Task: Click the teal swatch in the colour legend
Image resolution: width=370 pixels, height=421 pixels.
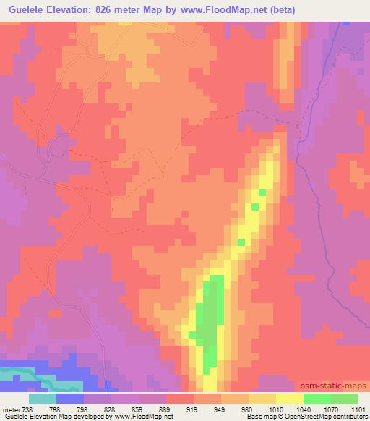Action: [43, 399]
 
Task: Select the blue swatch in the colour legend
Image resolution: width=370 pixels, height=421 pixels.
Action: [70, 399]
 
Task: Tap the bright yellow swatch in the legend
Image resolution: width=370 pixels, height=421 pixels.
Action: [290, 399]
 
